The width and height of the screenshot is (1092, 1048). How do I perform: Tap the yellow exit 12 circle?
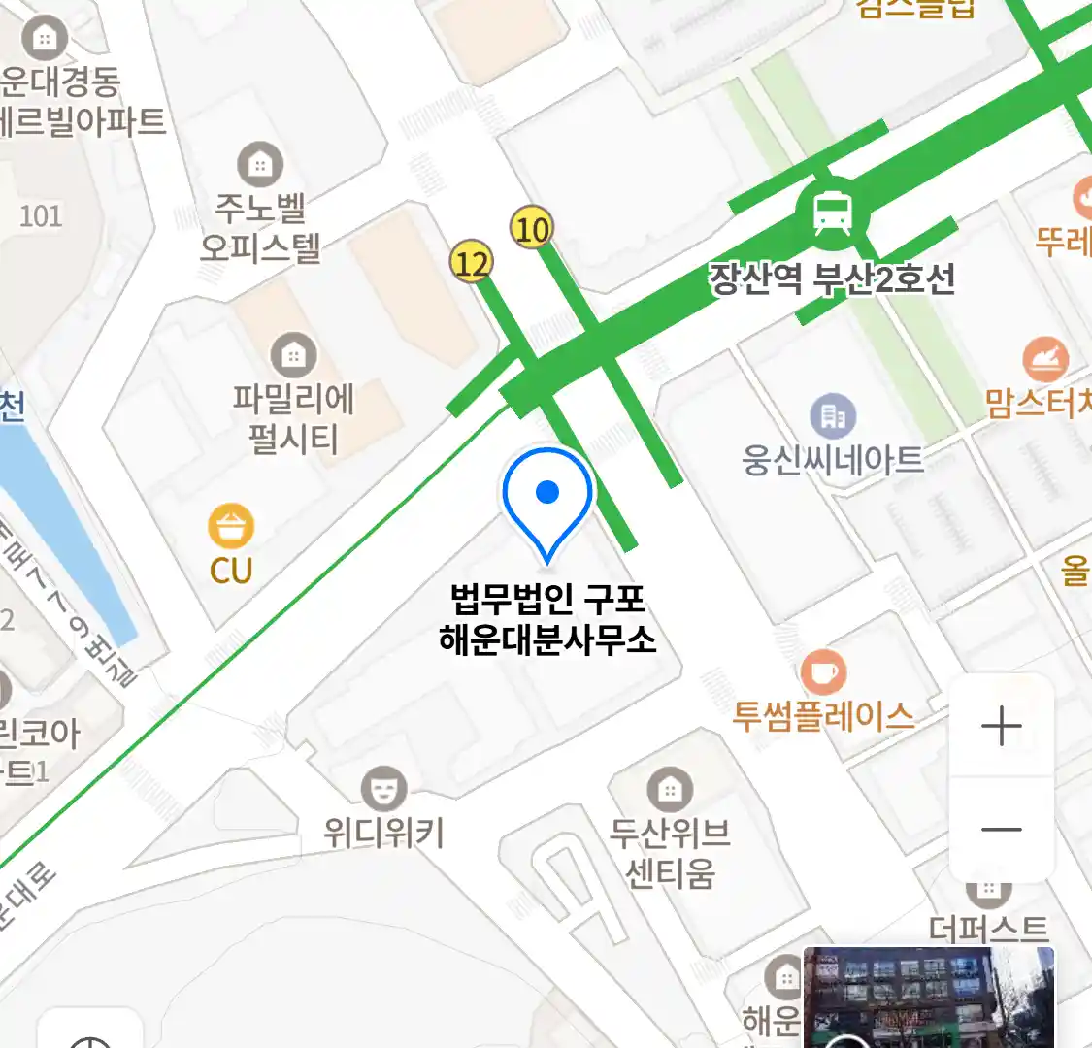point(472,262)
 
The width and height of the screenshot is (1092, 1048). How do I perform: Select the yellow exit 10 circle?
point(531,229)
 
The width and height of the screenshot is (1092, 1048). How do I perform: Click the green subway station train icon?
point(832,213)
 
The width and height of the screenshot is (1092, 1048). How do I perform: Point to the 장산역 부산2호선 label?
point(832,279)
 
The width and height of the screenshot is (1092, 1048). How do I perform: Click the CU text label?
point(231,571)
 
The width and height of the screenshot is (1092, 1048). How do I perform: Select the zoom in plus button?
point(1001,726)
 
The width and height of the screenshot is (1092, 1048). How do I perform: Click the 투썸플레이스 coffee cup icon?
point(823,671)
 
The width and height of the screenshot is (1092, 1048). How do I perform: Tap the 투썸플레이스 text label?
point(823,717)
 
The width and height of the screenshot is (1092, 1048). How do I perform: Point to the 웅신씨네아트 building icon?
point(832,416)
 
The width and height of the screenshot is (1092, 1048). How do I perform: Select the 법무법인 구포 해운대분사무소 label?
point(547,619)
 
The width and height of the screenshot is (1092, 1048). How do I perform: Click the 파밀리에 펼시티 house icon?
point(293,356)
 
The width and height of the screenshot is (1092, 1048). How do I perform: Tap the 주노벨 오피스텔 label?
point(260,228)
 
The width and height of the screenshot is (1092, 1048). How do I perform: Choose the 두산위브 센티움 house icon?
point(669,789)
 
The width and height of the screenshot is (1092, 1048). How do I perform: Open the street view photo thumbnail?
point(928,998)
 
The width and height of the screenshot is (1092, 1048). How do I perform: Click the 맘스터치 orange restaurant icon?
point(1044,361)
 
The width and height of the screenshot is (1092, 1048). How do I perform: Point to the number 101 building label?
point(41,215)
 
